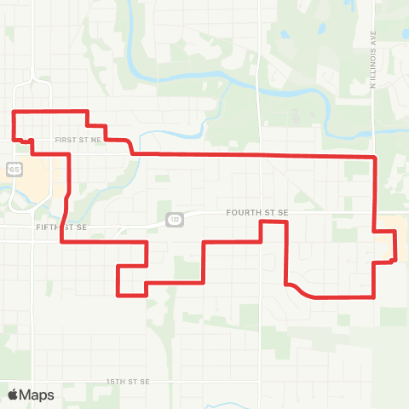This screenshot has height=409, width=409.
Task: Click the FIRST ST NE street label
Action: [78, 138]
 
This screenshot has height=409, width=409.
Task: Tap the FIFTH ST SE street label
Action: [62, 228]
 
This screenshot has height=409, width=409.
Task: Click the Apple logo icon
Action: [14, 395]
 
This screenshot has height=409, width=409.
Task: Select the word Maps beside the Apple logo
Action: [37, 395]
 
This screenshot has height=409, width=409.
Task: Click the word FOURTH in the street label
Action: [241, 212]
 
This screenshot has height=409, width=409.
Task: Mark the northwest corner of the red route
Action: [13, 112]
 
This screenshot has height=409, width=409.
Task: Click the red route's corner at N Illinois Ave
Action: [375, 158]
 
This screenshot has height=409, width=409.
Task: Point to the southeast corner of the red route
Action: [375, 297]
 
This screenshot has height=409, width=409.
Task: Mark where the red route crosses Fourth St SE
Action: [375, 212]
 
